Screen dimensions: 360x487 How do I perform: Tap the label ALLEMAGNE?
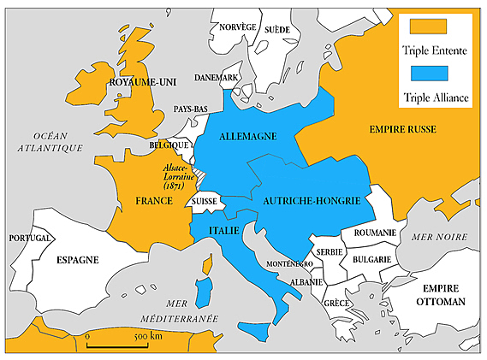(246, 137)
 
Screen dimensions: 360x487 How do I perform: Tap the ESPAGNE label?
(78, 259)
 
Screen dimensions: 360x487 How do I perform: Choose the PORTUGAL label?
(29, 239)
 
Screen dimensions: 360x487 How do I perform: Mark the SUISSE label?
(206, 201)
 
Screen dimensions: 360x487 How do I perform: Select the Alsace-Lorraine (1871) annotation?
(179, 177)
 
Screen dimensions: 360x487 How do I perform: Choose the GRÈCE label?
(336, 303)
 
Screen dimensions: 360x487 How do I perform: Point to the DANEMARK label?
(217, 78)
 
